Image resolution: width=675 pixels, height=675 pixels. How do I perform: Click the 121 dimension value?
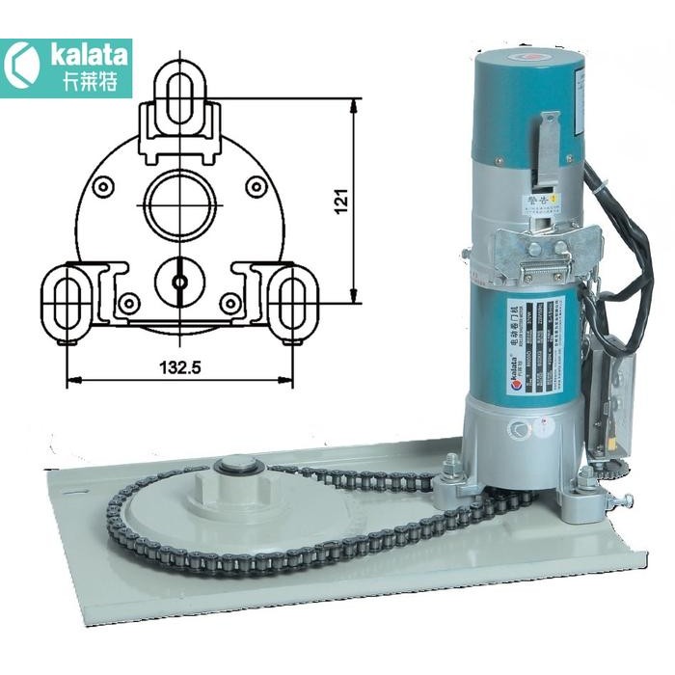[339, 200]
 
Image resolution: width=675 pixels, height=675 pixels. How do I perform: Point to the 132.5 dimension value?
[179, 366]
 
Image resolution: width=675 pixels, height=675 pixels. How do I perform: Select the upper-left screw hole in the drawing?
[102, 185]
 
